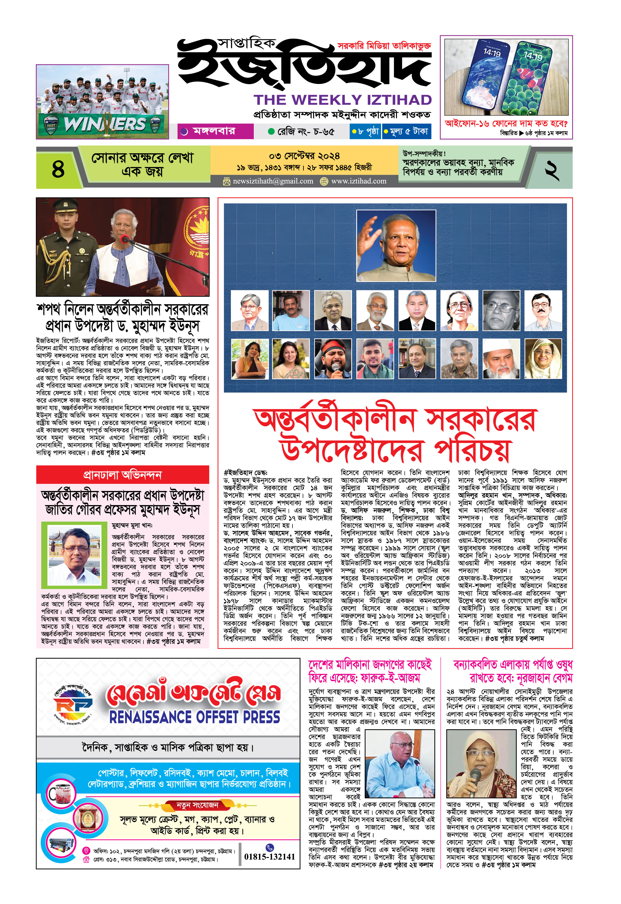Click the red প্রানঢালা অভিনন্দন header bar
click(x=123, y=474)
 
